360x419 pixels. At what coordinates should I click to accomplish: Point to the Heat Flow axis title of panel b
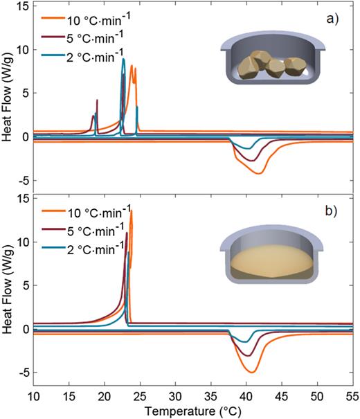[x=8, y=294]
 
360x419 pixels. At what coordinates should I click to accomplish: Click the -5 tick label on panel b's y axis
[x=22, y=373]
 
